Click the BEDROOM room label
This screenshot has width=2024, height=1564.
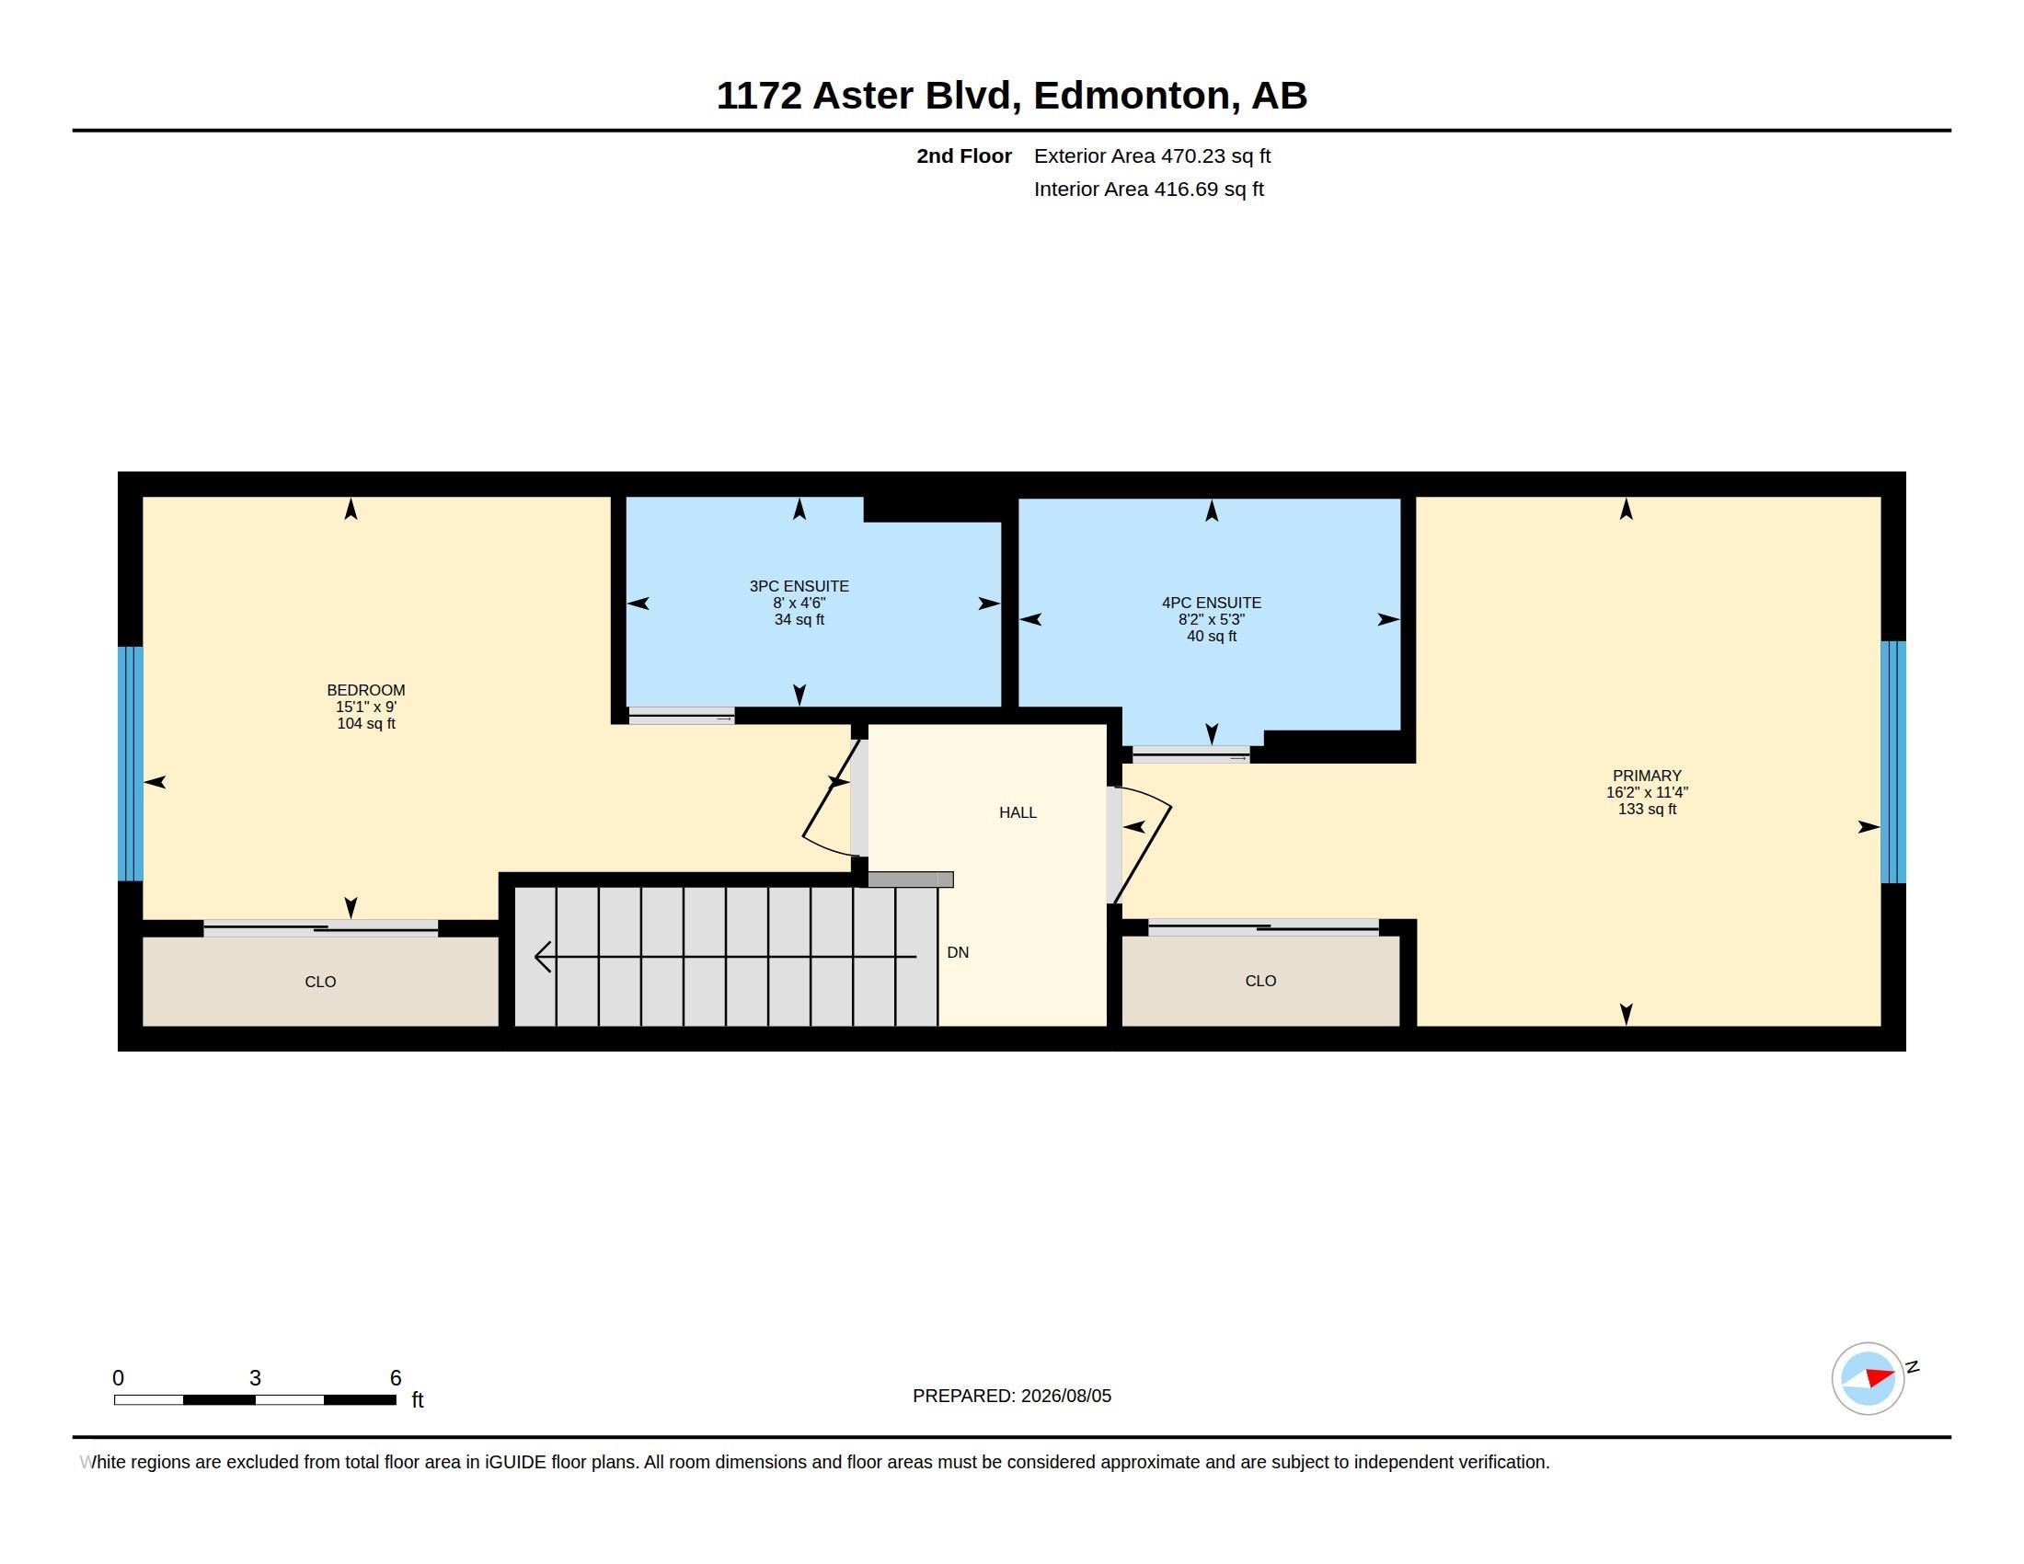tap(366, 690)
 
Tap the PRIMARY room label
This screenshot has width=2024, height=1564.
tap(1647, 776)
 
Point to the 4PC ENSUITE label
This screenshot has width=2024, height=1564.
tap(1212, 604)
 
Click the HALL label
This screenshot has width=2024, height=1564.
tap(1018, 812)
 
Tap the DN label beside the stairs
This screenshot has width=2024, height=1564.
tap(958, 952)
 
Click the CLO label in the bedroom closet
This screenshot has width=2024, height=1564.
tap(321, 983)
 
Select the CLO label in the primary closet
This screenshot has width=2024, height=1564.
tap(1260, 982)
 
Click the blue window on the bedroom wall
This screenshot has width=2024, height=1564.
tap(131, 764)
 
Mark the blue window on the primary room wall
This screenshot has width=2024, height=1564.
tap(1892, 762)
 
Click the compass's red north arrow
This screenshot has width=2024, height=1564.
tap(1880, 1378)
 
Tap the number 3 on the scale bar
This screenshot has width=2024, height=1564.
tap(255, 1378)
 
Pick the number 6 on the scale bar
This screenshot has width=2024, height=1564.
tap(396, 1378)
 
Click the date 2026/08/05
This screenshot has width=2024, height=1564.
tap(1065, 1397)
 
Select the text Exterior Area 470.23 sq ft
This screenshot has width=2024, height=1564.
tap(1152, 156)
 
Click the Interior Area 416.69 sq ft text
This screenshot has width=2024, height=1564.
tap(1148, 190)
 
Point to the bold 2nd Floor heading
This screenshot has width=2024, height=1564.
tap(964, 156)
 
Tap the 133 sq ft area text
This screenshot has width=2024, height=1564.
tap(1647, 809)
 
